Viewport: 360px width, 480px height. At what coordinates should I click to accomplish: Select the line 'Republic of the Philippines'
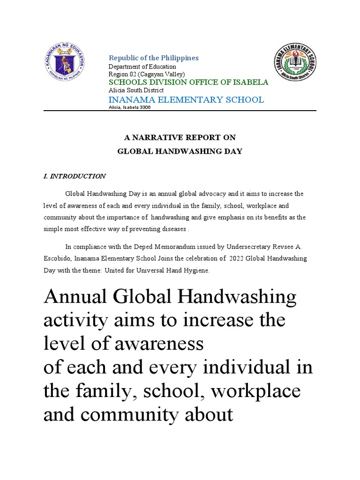[154, 58]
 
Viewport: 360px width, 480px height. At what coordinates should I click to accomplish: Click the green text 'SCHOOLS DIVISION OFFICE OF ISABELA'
[188, 82]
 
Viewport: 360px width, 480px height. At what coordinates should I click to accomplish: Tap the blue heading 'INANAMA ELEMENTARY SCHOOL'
[186, 99]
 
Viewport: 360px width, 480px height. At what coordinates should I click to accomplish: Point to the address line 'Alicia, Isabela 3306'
[130, 107]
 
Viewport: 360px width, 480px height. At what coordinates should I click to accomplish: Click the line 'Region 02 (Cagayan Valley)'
[147, 74]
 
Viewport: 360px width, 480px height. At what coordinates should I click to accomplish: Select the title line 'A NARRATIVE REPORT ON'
[180, 137]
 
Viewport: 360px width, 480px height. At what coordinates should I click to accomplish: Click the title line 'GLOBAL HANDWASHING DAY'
[180, 151]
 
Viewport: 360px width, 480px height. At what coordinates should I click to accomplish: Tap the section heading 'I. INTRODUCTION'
[75, 176]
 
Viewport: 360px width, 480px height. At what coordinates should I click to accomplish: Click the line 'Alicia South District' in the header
[136, 90]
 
